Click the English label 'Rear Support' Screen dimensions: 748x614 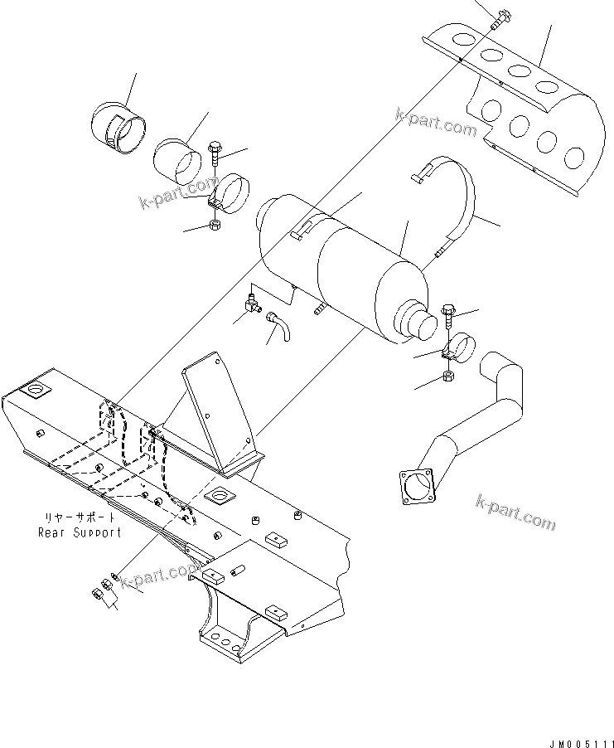coord(80,532)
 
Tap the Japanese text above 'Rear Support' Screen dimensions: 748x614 coord(80,518)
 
